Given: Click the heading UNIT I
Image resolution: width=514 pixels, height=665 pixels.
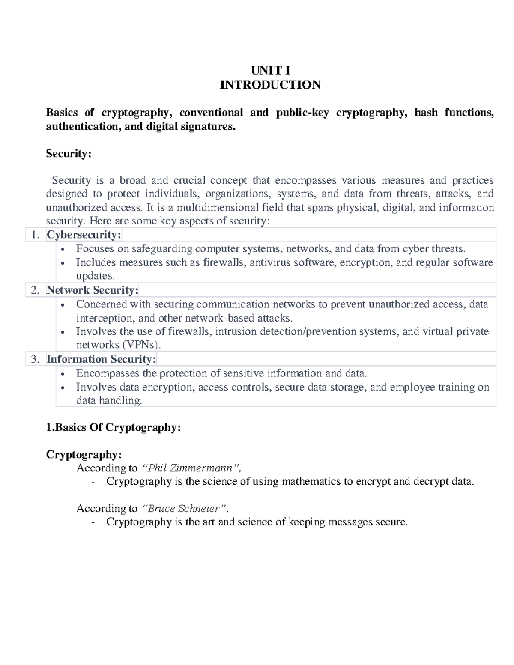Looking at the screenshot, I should click(270, 71).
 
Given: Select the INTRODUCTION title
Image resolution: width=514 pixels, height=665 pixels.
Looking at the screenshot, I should click(270, 85).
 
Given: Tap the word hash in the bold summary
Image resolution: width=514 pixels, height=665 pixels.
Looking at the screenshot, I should click(426, 113).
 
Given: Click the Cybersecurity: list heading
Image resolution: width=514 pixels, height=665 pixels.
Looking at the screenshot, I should click(84, 235).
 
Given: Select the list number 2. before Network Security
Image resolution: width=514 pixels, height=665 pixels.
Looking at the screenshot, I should click(35, 290).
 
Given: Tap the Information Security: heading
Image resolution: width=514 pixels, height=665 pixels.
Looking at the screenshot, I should click(101, 359).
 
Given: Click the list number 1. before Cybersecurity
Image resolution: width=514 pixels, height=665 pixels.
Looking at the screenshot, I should click(35, 235).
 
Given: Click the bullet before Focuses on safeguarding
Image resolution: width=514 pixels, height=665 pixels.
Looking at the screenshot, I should click(63, 250).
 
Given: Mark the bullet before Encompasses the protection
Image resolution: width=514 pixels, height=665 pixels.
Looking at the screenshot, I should click(63, 374).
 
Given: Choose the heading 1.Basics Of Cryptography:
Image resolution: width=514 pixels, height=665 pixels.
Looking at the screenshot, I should click(114, 428).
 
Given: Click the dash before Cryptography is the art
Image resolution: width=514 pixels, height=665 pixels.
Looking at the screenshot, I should click(93, 522).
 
